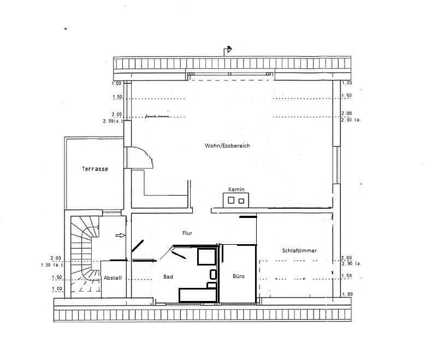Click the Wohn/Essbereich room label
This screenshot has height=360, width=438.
click(x=227, y=146)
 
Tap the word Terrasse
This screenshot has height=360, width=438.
click(x=95, y=169)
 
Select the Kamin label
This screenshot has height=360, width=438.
click(x=236, y=189)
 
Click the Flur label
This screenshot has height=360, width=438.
click(x=187, y=233)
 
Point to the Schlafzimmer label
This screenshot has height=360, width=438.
click(x=299, y=250)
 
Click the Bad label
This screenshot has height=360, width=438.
click(x=168, y=277)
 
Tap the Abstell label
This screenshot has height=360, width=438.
click(x=113, y=278)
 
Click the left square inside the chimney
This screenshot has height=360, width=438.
click(x=230, y=200)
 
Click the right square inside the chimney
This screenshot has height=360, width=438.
click(x=241, y=201)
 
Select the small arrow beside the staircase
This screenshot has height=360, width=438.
click(x=120, y=235)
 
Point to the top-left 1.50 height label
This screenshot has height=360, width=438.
click(x=117, y=97)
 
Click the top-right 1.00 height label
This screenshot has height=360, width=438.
click(x=346, y=83)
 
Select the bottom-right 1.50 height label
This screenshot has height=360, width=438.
click(x=346, y=276)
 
